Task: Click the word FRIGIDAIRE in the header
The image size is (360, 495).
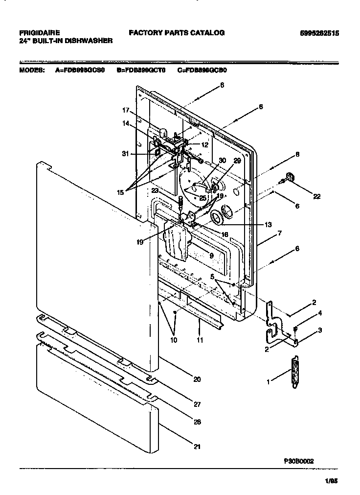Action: pyautogui.click(x=40, y=33)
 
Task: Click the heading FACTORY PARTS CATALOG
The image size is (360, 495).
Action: pyautogui.click(x=177, y=33)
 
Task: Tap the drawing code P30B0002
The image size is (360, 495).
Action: pyautogui.click(x=298, y=461)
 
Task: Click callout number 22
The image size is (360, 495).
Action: pyautogui.click(x=317, y=196)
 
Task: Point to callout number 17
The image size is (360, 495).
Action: pyautogui.click(x=125, y=110)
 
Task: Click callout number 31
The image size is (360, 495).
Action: pyautogui.click(x=125, y=153)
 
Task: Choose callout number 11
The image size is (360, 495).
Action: pyautogui.click(x=200, y=339)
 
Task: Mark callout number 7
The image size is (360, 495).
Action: pyautogui.click(x=279, y=234)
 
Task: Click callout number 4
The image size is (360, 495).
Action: pyautogui.click(x=320, y=313)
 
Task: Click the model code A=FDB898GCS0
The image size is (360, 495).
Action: pyautogui.click(x=80, y=70)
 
